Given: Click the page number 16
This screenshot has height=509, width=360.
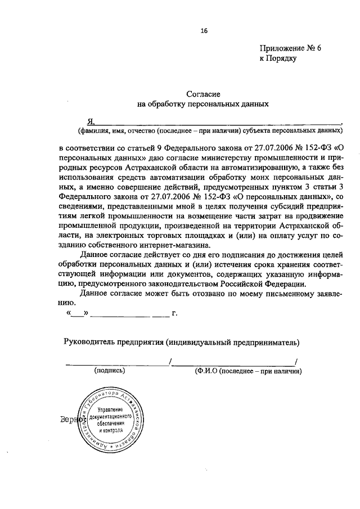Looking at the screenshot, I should (204, 31).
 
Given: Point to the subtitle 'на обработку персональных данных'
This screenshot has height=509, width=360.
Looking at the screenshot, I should (203, 103).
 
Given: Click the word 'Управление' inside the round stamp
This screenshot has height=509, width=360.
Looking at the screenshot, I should (114, 410).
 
